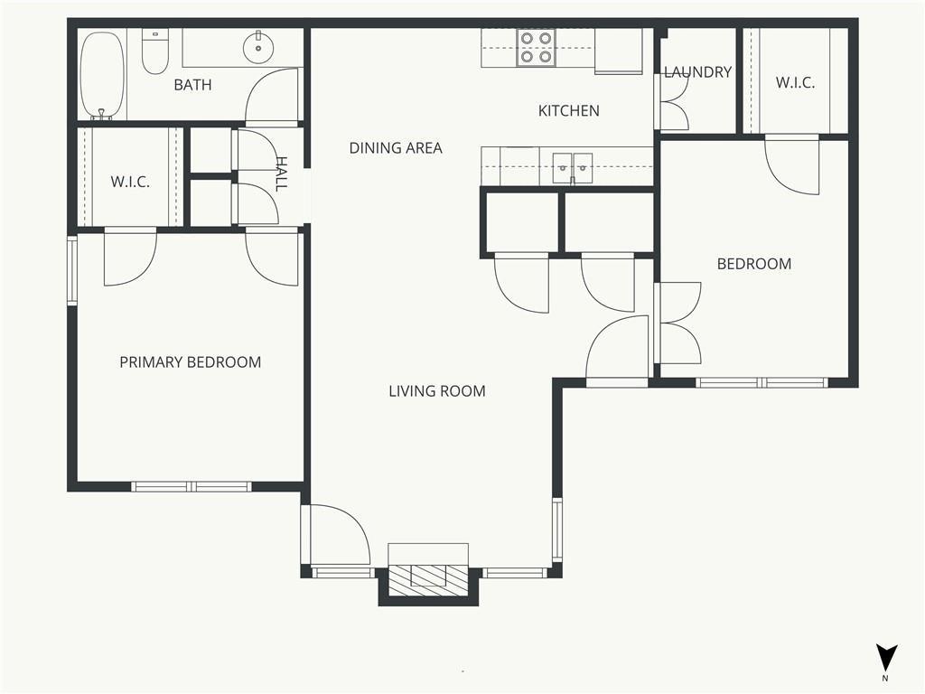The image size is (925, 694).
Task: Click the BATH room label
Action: click(x=192, y=85)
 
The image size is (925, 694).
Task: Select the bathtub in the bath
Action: click(x=103, y=76)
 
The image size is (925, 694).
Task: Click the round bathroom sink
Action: click(x=258, y=47)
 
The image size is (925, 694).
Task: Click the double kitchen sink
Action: click(x=572, y=167)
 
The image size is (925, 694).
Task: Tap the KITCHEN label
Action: click(x=569, y=110)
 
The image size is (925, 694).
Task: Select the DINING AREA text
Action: click(x=396, y=147)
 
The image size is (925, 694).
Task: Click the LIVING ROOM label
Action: click(x=437, y=390)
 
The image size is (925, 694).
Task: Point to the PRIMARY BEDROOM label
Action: click(x=190, y=361)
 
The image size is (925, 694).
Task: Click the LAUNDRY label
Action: click(x=698, y=72)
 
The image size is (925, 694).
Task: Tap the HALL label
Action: click(x=282, y=173)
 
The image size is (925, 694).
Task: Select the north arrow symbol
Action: click(x=886, y=659)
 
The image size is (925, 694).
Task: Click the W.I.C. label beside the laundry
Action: click(x=795, y=82)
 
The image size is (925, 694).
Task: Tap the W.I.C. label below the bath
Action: click(x=130, y=181)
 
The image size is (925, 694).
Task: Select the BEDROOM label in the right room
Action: click(x=754, y=263)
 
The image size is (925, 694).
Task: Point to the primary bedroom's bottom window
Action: click(x=192, y=487)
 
